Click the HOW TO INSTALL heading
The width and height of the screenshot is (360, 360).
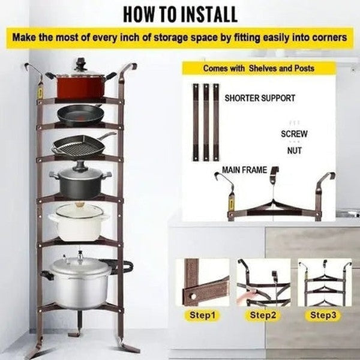tap(180, 13)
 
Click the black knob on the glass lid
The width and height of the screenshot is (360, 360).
tap(80, 62)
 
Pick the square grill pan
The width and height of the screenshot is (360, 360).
tap(77, 146)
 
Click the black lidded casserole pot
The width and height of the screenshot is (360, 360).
tap(80, 180)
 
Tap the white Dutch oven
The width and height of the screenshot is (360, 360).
tap(79, 222)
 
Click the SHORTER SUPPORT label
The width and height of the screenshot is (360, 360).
tap(260, 98)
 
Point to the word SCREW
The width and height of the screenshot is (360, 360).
tap(294, 134)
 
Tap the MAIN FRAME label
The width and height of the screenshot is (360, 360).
tap(245, 170)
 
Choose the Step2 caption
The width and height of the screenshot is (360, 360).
tap(262, 314)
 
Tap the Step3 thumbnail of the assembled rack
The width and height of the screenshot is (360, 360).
tap(324, 282)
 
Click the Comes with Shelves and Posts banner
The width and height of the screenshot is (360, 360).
tap(259, 68)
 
